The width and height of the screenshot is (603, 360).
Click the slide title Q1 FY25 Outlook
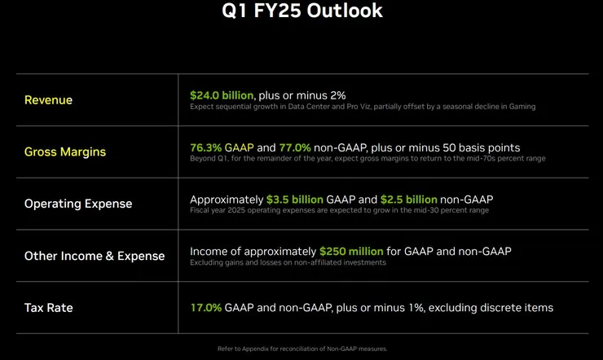(301, 11)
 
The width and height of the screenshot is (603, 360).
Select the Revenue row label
(48, 100)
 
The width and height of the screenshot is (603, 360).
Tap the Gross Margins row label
(65, 151)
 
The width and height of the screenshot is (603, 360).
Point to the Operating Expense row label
(77, 204)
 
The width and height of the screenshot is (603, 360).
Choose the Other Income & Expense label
(95, 256)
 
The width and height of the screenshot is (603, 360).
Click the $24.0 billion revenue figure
(222, 95)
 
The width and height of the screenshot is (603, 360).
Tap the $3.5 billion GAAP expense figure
(295, 200)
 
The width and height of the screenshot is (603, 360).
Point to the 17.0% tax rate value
(205, 308)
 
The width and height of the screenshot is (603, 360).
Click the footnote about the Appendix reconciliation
(301, 349)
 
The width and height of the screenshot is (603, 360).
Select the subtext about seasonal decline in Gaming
(363, 107)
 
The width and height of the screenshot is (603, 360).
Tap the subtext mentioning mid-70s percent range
(368, 159)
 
